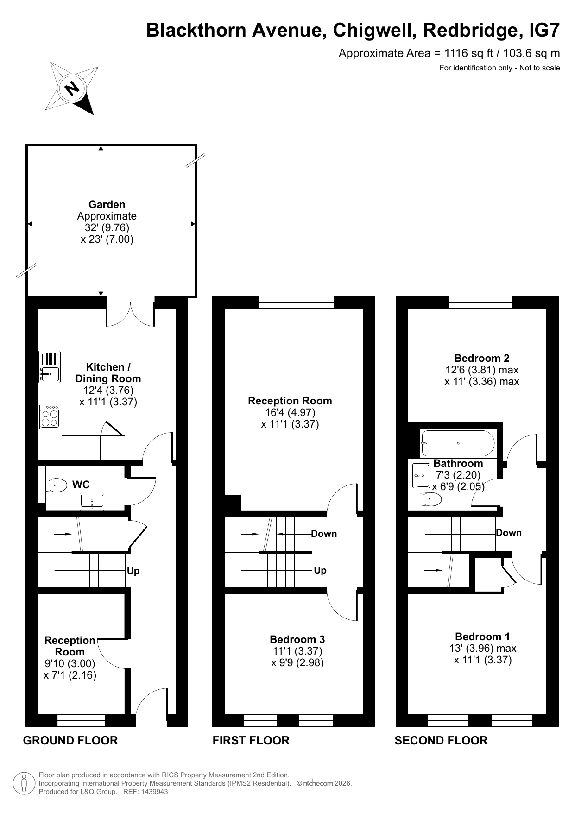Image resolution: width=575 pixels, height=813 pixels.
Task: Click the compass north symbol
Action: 72,88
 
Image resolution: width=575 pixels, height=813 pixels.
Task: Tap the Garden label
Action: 107,204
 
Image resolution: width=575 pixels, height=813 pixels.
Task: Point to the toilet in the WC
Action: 56,485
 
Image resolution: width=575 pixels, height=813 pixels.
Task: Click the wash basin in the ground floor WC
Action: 92,502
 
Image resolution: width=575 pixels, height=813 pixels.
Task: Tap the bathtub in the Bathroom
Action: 458,443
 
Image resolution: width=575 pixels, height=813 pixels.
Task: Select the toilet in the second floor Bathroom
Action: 431,499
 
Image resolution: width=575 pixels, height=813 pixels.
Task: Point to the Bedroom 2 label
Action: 482,358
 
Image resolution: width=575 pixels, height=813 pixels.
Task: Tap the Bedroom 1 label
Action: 483,637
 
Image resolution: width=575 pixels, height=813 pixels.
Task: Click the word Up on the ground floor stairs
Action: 133,571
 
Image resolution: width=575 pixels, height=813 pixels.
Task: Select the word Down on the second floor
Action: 509,533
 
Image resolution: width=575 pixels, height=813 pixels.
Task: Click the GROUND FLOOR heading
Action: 70,740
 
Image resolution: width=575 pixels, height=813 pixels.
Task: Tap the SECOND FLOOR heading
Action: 441,740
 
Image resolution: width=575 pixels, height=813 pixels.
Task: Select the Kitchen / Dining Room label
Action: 108,373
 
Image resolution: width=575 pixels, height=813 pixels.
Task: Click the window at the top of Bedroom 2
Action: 480,302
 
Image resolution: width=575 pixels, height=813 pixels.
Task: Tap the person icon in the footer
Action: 25,783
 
